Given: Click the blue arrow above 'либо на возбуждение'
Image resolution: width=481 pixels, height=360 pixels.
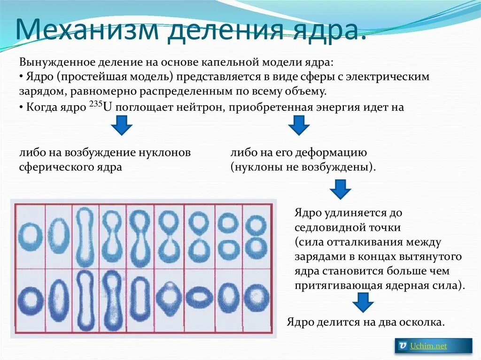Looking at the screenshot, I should click(121, 125).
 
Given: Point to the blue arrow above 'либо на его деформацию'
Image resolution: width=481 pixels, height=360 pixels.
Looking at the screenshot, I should click(298, 125).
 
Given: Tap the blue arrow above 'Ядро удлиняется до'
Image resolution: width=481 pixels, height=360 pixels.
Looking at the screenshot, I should click(341, 189).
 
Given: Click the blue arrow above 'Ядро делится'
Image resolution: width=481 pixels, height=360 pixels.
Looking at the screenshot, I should click(363, 302).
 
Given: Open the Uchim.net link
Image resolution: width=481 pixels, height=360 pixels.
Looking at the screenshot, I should click(428, 346).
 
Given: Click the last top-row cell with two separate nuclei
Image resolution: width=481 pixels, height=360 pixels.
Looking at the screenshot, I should click(256, 236).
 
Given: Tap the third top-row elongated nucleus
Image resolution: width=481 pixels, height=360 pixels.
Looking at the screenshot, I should click(85, 236).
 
